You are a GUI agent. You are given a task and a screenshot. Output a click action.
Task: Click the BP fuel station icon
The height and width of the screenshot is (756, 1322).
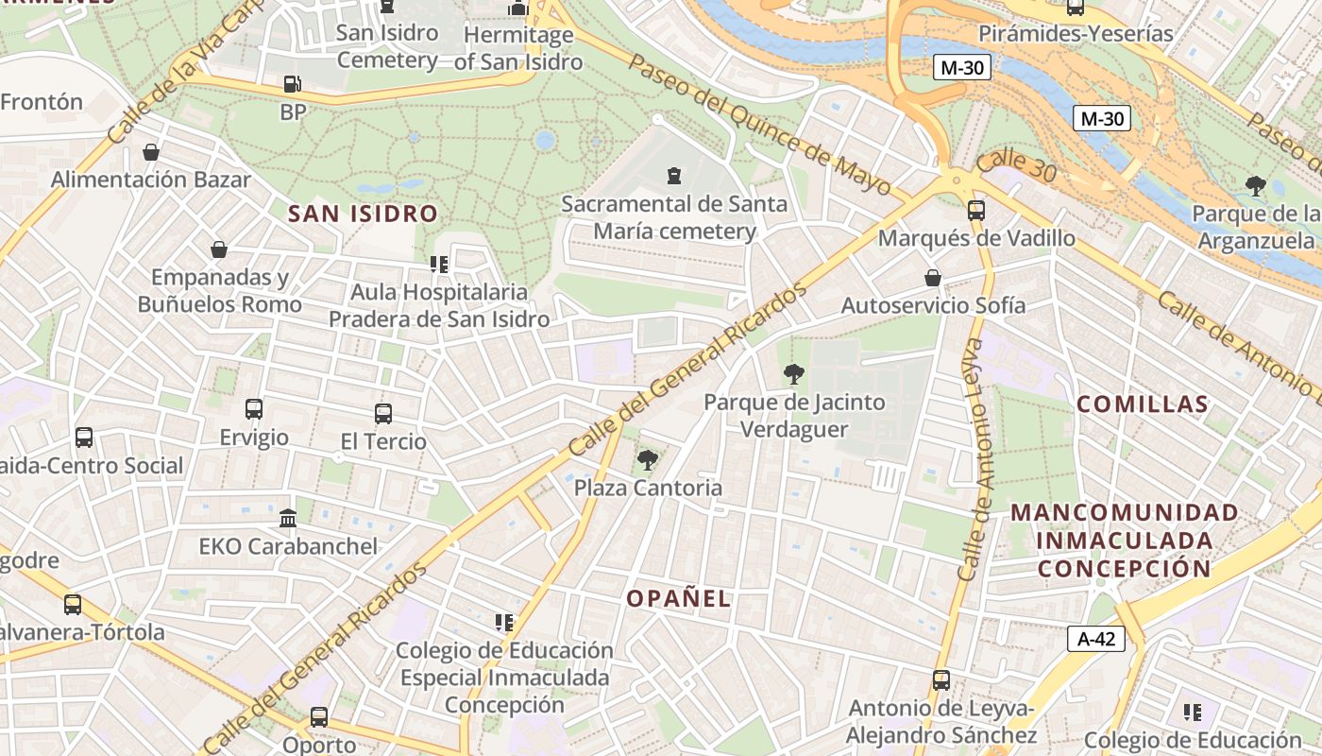(x=293, y=84)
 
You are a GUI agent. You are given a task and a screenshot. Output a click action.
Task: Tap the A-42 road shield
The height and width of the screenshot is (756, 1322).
(x=1096, y=639)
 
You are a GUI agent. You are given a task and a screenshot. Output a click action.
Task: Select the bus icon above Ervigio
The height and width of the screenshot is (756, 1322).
(x=254, y=409)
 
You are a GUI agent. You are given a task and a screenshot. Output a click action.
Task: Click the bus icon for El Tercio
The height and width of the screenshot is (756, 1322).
(x=382, y=413)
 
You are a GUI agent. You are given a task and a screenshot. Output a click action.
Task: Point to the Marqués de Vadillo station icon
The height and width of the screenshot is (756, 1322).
(x=976, y=211)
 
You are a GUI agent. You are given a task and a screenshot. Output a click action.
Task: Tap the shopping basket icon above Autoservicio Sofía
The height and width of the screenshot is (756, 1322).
(x=933, y=278)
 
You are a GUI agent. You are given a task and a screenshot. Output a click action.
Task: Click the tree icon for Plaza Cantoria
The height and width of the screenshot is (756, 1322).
(x=647, y=460)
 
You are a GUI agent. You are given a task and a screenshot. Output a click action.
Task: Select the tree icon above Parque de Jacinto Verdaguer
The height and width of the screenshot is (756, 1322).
(x=793, y=374)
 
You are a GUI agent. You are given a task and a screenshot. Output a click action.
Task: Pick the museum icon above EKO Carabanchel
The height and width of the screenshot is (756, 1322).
(x=288, y=519)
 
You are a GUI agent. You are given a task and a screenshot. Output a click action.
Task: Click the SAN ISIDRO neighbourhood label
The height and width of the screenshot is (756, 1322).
(x=364, y=214)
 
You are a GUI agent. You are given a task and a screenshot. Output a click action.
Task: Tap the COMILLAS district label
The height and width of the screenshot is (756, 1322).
(x=1143, y=404)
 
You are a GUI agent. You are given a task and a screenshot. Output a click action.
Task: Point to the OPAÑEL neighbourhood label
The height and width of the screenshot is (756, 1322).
(x=679, y=598)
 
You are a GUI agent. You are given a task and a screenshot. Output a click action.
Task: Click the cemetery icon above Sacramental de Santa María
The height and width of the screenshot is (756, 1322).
(x=674, y=176)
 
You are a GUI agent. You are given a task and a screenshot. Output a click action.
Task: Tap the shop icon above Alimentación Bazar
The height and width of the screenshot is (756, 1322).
(x=151, y=152)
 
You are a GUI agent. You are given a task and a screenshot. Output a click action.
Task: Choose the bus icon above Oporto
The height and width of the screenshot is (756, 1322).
(x=319, y=717)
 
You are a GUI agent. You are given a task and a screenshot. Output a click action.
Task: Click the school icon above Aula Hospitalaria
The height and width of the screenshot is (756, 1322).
(x=438, y=265)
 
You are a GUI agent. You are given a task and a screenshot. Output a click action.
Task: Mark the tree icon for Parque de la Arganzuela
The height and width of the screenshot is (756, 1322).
(x=1255, y=185)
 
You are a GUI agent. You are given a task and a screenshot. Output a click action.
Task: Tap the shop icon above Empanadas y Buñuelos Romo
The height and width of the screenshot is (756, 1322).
(x=219, y=249)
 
